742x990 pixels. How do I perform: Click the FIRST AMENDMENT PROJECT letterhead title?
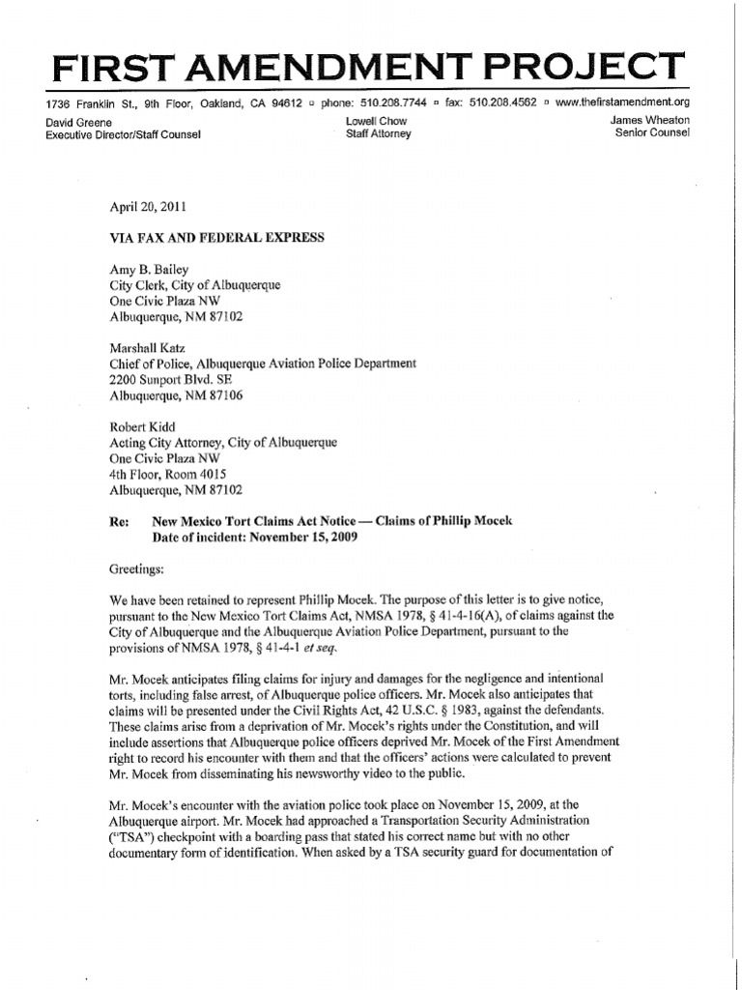click(370, 67)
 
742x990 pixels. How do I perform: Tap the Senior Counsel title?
click(651, 133)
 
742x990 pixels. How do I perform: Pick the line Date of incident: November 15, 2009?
click(255, 537)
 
